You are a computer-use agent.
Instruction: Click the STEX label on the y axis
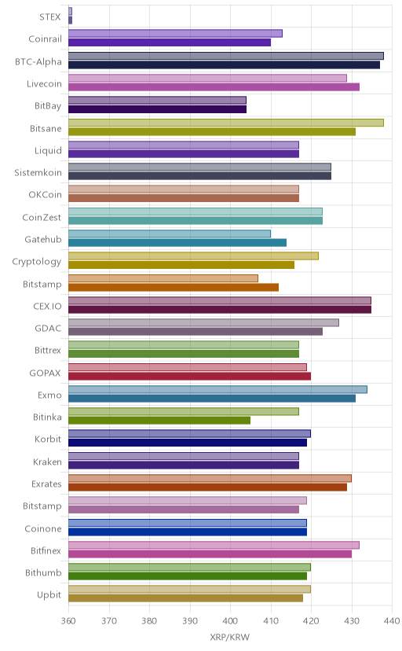(50, 17)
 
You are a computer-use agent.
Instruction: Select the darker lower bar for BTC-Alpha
(225, 64)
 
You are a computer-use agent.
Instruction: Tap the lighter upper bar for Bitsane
(226, 123)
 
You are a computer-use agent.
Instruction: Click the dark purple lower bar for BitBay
(158, 109)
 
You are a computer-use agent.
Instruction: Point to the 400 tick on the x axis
(230, 620)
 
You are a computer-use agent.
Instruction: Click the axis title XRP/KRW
(229, 637)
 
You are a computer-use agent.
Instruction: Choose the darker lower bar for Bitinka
(159, 421)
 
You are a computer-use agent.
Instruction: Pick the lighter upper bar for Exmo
(217, 389)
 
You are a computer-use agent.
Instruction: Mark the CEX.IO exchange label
(47, 307)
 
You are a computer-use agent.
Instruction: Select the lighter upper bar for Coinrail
(175, 34)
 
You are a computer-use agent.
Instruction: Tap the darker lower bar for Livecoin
(214, 86)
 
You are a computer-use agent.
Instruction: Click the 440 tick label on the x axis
(392, 620)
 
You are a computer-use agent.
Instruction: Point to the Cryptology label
(36, 262)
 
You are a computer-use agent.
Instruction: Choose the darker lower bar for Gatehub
(177, 242)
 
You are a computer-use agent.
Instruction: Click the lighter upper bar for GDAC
(203, 322)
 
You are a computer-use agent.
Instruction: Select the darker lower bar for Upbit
(185, 598)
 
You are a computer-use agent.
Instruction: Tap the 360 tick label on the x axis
(68, 620)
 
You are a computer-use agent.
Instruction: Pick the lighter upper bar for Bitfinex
(214, 545)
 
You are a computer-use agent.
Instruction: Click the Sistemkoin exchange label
(38, 173)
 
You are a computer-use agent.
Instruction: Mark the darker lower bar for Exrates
(207, 487)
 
